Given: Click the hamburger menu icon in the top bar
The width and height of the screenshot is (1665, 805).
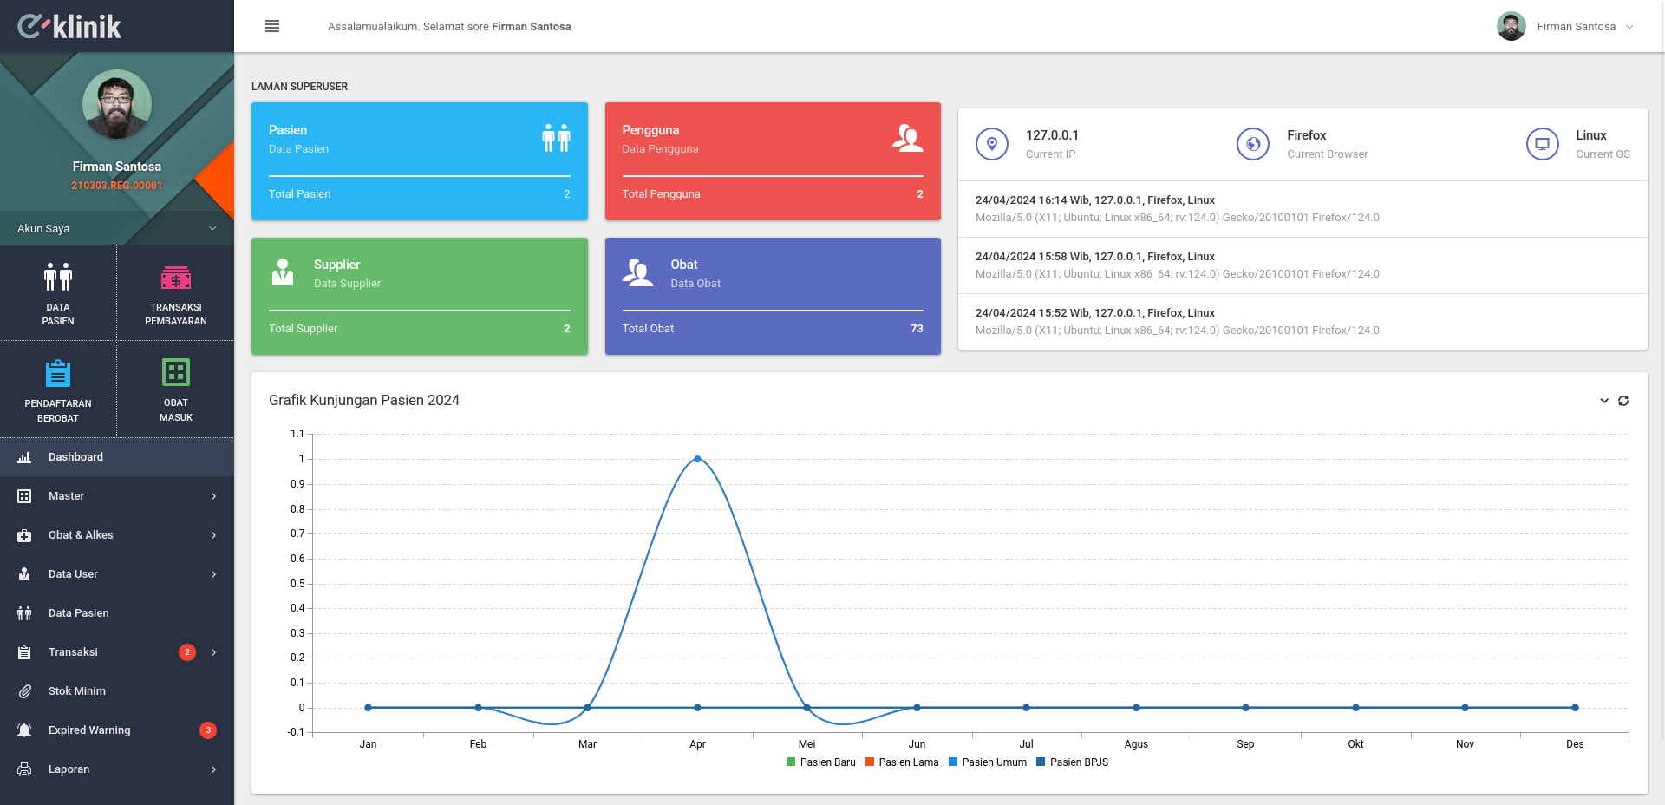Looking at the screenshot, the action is tap(272, 26).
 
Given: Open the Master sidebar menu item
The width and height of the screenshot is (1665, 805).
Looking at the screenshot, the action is tap(66, 496).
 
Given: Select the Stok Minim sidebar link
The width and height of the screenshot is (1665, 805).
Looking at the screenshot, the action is tap(77, 691).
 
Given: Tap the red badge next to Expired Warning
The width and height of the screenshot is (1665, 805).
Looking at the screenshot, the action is tap(208, 730).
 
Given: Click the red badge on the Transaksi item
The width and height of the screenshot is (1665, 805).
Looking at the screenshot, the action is tap(187, 652).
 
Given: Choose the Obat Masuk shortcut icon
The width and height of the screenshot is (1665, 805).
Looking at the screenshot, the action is tap(176, 372).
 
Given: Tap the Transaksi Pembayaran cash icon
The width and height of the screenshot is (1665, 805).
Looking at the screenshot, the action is tap(176, 278).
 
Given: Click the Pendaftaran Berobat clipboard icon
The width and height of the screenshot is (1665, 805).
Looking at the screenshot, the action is tap(58, 373).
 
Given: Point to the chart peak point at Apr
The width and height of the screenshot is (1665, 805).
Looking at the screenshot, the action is tap(697, 459).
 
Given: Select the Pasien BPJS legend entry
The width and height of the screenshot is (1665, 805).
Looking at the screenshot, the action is tap(1073, 762).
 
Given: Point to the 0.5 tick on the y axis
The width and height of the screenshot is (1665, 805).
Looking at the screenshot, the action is tap(297, 584).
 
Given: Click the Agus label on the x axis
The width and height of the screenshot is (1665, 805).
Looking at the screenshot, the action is tap(1136, 744).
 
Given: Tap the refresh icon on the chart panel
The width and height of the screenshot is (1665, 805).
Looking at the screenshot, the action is tap(1623, 401).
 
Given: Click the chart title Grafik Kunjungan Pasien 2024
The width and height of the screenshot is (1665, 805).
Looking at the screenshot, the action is tap(364, 400).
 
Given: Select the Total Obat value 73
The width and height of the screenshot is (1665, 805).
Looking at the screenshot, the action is tap(917, 329).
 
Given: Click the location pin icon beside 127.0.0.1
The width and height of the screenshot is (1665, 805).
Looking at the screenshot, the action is tap(992, 144).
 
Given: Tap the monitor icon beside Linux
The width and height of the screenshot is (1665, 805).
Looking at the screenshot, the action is tap(1543, 144).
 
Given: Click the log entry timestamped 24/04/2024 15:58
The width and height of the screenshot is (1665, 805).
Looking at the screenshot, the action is tap(1094, 257).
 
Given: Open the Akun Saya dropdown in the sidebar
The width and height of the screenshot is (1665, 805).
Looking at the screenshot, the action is tap(116, 228).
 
